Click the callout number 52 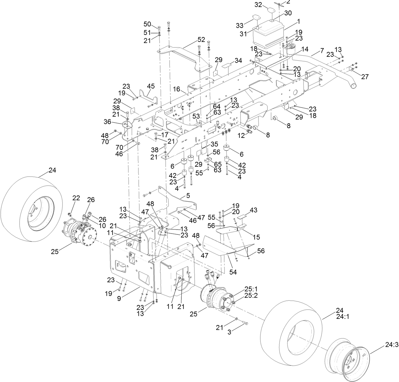pyautogui.click(x=201, y=39)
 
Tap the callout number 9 pyautogui.click(x=119, y=298)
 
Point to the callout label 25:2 pyautogui.click(x=251, y=295)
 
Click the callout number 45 pyautogui.click(x=151, y=86)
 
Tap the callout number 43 pyautogui.click(x=253, y=210)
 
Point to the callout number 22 pyautogui.click(x=76, y=198)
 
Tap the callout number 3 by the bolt pyautogui.click(x=229, y=333)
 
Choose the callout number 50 pyautogui.click(x=147, y=24)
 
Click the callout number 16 pyautogui.click(x=177, y=89)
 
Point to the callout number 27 pyautogui.click(x=365, y=77)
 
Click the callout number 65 pyautogui.click(x=217, y=164)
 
